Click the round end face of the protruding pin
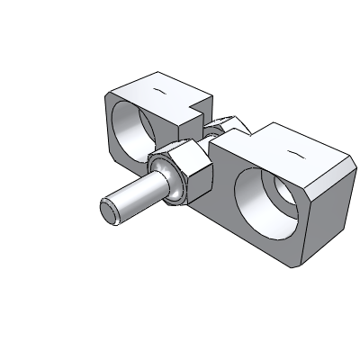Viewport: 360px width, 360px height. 109,211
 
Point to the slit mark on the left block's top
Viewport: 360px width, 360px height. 159,92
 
